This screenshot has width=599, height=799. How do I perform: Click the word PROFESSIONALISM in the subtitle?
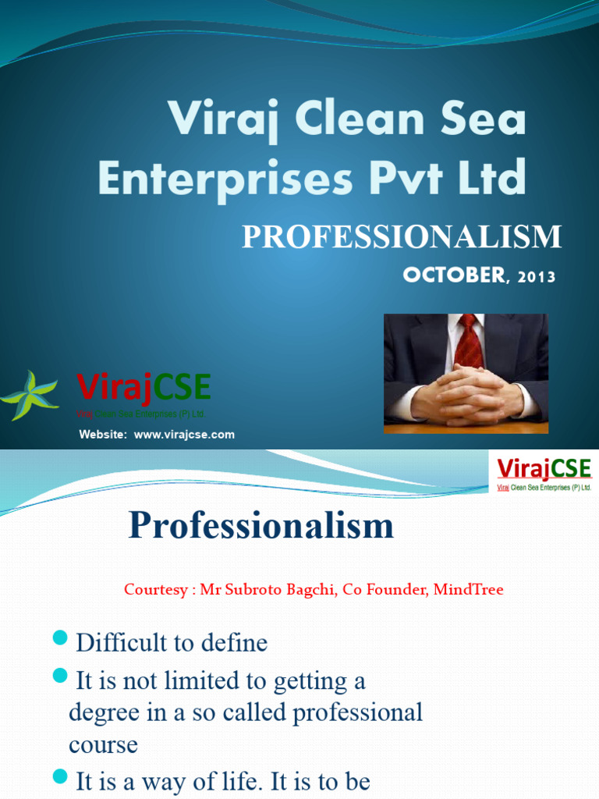click(401, 236)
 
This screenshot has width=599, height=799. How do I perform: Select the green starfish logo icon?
click(30, 396)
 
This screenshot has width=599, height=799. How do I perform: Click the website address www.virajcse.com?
click(184, 435)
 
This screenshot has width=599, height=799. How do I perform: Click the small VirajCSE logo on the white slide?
click(544, 474)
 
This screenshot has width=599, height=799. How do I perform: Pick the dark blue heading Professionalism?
click(261, 526)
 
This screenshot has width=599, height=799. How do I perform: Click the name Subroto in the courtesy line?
click(257, 590)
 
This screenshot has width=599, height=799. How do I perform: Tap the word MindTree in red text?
click(467, 590)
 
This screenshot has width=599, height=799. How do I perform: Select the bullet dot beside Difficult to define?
click(60, 640)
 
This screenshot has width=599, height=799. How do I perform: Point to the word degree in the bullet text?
click(101, 712)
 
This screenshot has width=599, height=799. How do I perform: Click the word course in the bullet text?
click(103, 744)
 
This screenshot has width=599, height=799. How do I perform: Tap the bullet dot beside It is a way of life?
click(60, 777)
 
